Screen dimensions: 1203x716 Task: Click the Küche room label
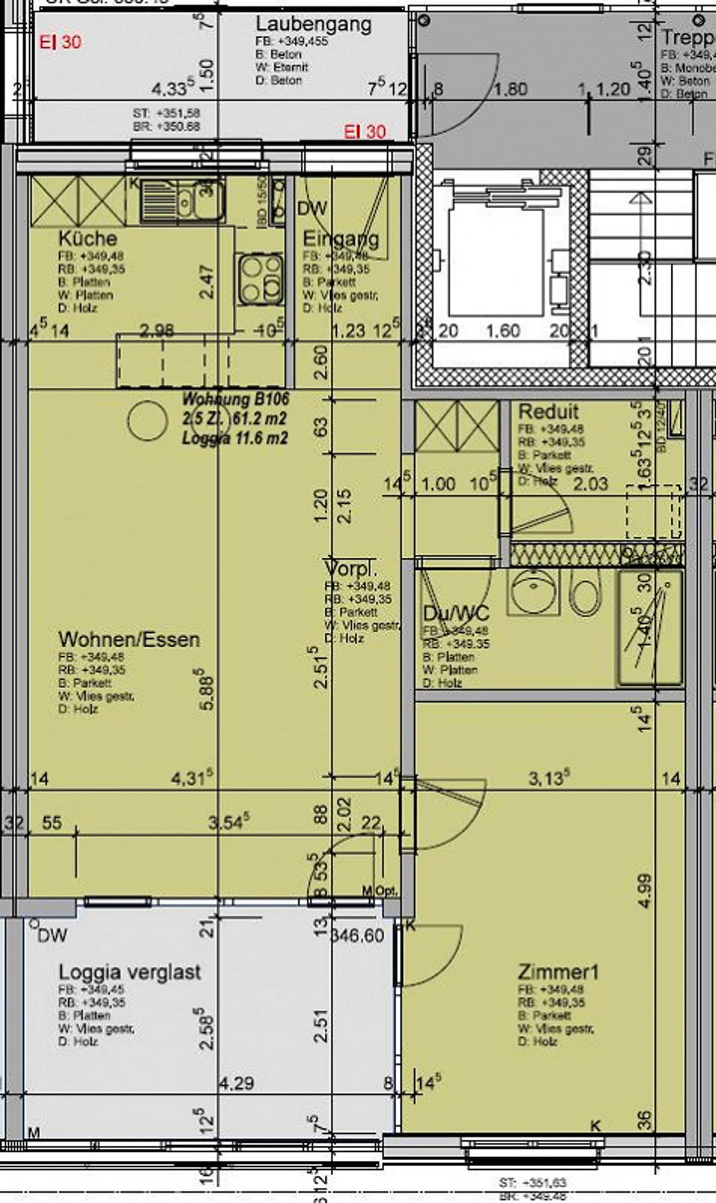pyautogui.click(x=88, y=239)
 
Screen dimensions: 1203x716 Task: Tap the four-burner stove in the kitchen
pyautogui.click(x=260, y=279)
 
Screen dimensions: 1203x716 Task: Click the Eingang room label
pyautogui.click(x=341, y=239)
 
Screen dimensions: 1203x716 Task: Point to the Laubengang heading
pyautogui.click(x=313, y=24)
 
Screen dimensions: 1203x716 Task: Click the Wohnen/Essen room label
pyautogui.click(x=129, y=639)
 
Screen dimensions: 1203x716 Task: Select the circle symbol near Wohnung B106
pyautogui.click(x=148, y=421)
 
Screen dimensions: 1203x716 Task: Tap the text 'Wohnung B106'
pyautogui.click(x=236, y=399)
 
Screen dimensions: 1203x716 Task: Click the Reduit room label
pyautogui.click(x=548, y=412)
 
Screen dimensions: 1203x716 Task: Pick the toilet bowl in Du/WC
pyautogui.click(x=585, y=593)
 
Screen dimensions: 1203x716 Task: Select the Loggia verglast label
pyautogui.click(x=129, y=972)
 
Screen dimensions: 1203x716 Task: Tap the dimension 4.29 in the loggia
pyautogui.click(x=237, y=1083)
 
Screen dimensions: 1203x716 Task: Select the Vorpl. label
pyautogui.click(x=351, y=568)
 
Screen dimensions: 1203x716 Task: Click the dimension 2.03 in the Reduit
pyautogui.click(x=590, y=484)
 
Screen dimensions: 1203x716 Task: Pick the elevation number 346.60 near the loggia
pyautogui.click(x=358, y=936)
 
